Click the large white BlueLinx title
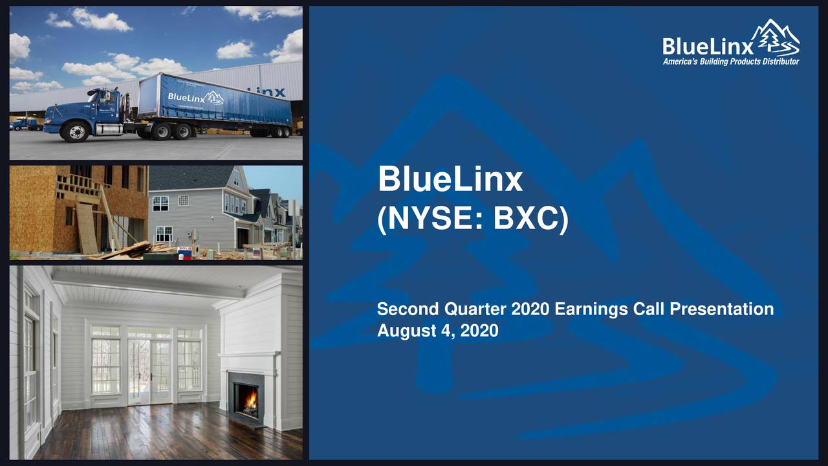[x=450, y=180]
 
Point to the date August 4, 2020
[x=437, y=331]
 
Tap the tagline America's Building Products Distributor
[x=730, y=61]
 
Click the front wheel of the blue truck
[x=75, y=131]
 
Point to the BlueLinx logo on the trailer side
[x=195, y=98]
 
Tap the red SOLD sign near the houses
[x=185, y=249]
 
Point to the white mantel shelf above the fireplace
[x=249, y=355]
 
